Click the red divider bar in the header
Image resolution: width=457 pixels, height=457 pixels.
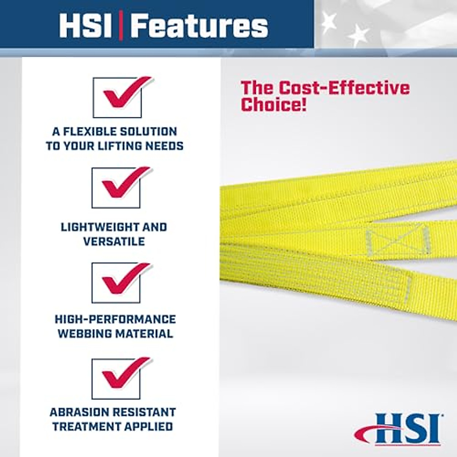click(121, 26)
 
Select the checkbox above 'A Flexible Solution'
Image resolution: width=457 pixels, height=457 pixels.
click(118, 97)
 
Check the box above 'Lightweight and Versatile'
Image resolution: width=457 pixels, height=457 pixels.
click(116, 188)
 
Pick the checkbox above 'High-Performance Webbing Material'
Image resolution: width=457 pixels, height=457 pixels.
click(116, 283)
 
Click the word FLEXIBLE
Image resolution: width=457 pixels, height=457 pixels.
click(89, 132)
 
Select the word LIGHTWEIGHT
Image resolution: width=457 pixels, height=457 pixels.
click(95, 227)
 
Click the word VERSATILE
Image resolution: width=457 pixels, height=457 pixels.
click(114, 241)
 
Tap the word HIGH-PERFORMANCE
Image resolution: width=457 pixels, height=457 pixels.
click(115, 319)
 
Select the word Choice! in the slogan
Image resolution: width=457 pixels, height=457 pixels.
click(273, 104)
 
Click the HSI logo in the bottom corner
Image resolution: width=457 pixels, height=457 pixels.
click(398, 429)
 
